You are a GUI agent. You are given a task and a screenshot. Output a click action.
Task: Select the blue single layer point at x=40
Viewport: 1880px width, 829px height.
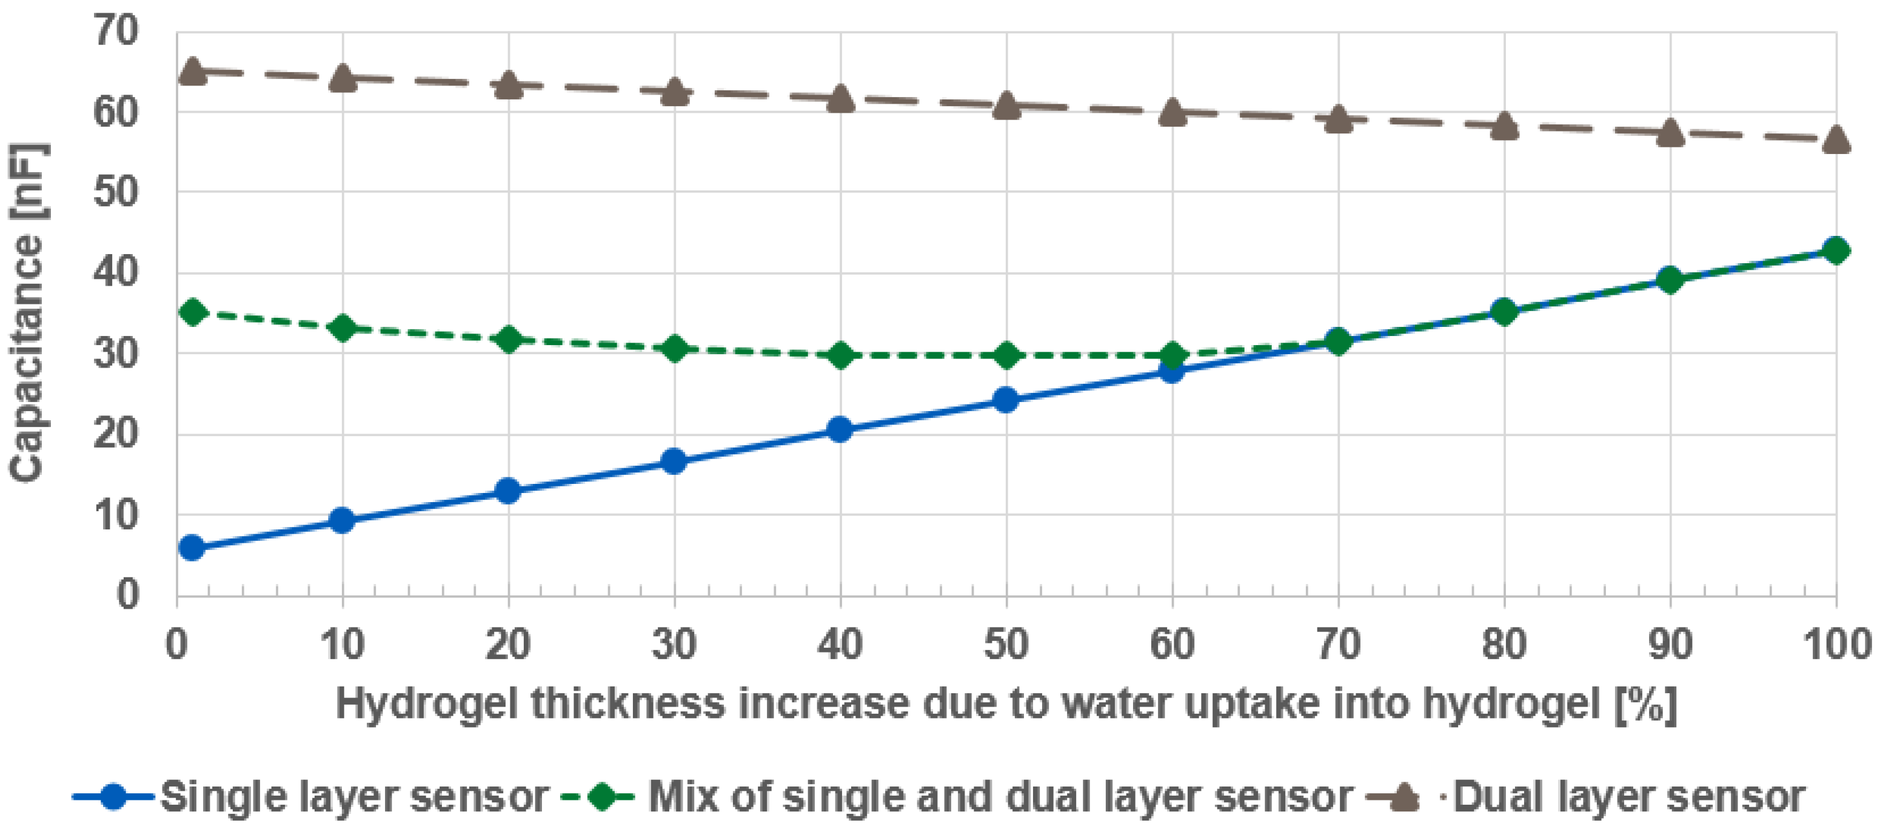(x=840, y=429)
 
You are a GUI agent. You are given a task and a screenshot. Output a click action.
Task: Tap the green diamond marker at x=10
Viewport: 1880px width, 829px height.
(x=343, y=327)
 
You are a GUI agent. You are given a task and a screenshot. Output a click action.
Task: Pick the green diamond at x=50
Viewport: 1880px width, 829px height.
(x=1006, y=355)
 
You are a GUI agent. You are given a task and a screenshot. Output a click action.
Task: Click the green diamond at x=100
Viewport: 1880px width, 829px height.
(x=1836, y=250)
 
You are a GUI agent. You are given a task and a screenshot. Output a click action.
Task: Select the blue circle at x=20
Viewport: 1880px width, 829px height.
(x=508, y=491)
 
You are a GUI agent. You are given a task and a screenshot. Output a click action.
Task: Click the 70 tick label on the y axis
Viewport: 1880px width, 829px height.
(x=116, y=32)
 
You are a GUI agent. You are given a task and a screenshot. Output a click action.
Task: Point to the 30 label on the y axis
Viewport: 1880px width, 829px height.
(x=116, y=354)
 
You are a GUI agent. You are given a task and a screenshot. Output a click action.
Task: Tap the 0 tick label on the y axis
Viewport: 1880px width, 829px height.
(x=128, y=595)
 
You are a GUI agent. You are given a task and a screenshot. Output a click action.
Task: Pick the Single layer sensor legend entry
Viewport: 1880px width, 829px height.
(x=354, y=796)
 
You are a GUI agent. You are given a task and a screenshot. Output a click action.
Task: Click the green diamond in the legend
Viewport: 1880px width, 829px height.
(x=603, y=796)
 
